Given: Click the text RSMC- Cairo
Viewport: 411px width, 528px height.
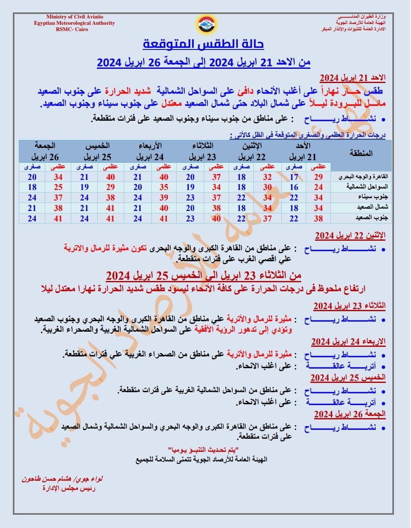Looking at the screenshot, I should coord(72,29).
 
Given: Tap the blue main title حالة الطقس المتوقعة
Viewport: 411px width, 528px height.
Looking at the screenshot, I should coord(204,44).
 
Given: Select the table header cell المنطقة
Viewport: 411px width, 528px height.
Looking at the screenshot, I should coord(361,153).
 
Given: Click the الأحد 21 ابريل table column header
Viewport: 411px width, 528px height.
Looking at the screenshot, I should coord(301,151).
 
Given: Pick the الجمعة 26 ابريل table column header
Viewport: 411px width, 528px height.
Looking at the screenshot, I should coord(45,151).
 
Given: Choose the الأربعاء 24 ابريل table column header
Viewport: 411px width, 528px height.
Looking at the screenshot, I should coord(150,151).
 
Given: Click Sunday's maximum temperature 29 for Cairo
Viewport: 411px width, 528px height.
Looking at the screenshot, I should coord(318,177).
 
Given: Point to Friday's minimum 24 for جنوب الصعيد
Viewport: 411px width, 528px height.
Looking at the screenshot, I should coord(32,218).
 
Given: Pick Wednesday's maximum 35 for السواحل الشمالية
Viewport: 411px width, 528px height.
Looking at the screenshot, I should coord(164,187).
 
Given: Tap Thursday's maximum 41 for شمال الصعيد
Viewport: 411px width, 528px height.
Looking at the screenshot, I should coord(111,208).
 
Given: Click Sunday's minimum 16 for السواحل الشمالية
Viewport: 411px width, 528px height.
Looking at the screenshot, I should coord(294,187).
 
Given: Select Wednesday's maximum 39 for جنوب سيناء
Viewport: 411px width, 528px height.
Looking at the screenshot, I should coord(164,197).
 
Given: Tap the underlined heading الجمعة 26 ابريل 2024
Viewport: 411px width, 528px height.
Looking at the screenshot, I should coord(349,414).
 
